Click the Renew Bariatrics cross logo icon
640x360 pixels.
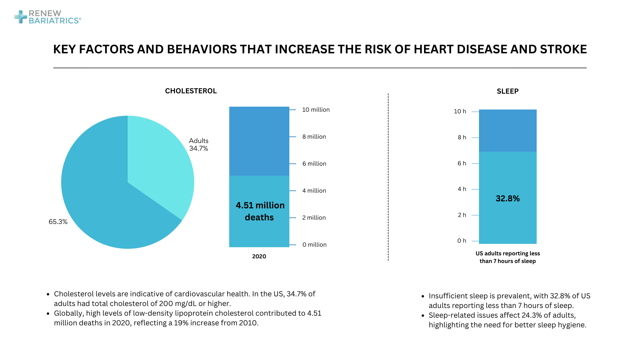pos(21,17)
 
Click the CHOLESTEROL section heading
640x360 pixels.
pos(191,91)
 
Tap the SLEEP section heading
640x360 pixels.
pos(507,91)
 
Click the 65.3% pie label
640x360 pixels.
pos(58,222)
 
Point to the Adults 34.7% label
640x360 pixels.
pos(199,145)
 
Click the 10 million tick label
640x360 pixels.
pos(316,110)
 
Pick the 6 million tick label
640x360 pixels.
pos(314,164)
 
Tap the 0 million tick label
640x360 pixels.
pos(314,245)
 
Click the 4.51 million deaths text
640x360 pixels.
pos(260,211)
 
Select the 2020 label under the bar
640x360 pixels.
pos(259,256)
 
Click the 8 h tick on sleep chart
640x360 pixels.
pos(462,137)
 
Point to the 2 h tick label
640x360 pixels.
pos(462,215)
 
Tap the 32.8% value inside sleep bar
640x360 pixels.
pos(507,199)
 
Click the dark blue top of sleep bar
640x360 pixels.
pos(507,131)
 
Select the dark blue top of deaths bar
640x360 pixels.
pos(259,141)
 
